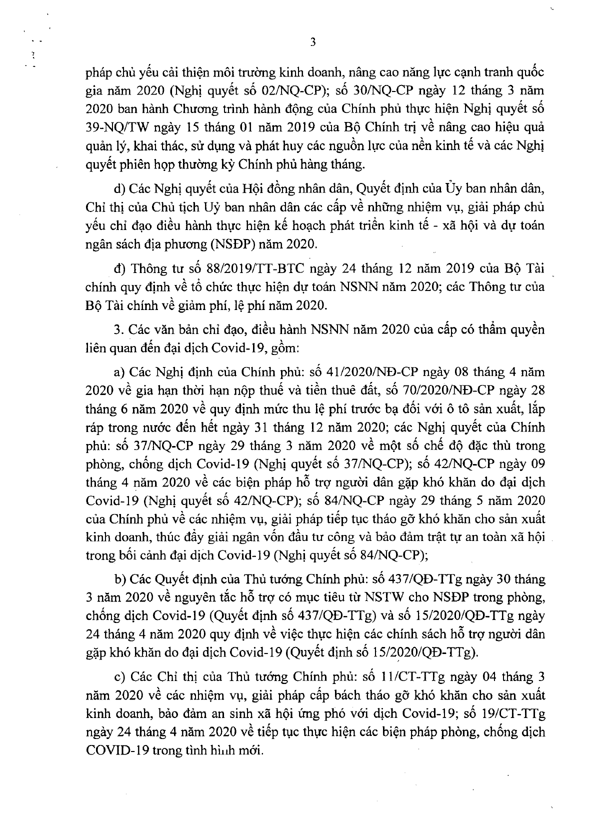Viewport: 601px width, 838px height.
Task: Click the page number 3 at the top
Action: (313, 42)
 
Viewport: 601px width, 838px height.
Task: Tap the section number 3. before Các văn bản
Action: (118, 329)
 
